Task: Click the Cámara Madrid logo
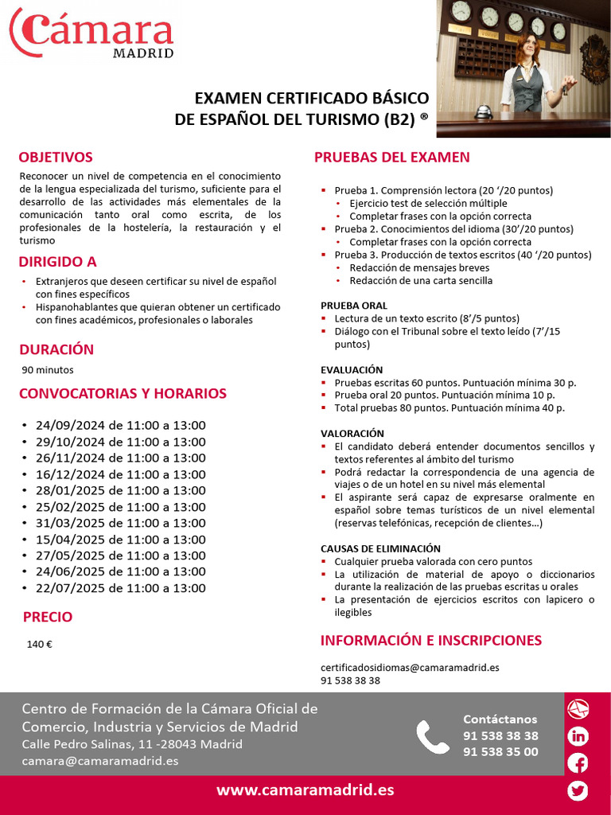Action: (91, 32)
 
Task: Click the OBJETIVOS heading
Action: (56, 158)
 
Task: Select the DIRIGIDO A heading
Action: (57, 262)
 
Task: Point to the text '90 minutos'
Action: (48, 369)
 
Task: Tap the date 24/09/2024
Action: (70, 425)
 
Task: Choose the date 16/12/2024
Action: (70, 474)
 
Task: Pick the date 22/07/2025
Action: (70, 588)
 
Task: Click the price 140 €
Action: (40, 645)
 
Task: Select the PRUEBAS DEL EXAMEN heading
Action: (391, 158)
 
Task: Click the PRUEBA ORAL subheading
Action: (354, 306)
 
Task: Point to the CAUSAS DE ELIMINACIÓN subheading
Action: (380, 549)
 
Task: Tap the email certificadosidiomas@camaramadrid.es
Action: (410, 668)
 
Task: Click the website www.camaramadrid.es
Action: (305, 790)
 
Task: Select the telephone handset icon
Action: (433, 737)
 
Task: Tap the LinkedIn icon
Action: (578, 736)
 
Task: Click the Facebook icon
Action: (578, 763)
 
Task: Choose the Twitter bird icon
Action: (578, 790)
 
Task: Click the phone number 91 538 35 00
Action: (500, 752)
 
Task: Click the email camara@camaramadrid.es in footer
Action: (100, 761)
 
